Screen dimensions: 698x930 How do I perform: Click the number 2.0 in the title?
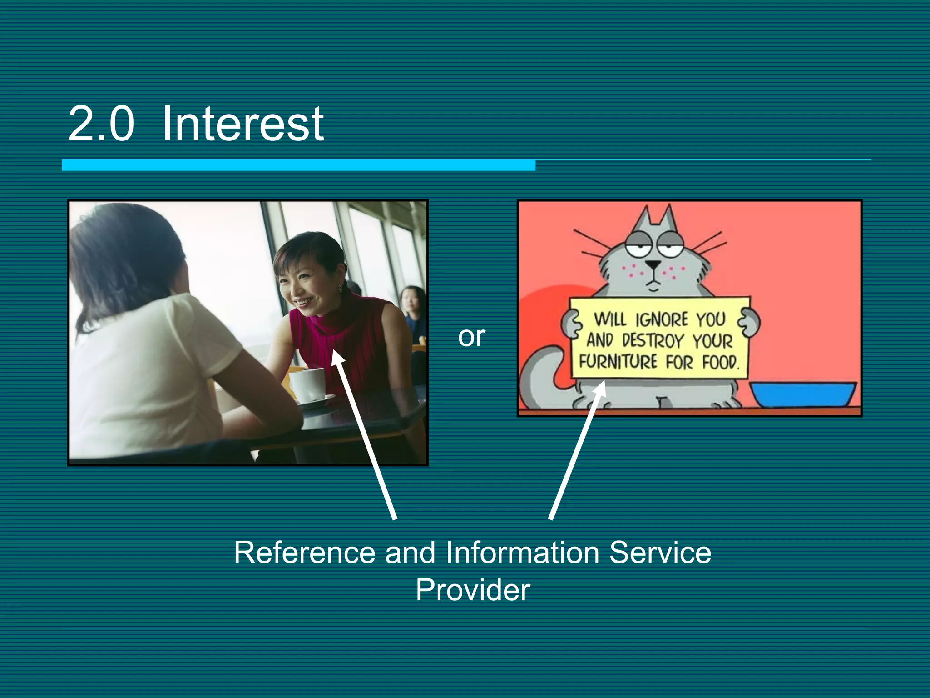tap(101, 124)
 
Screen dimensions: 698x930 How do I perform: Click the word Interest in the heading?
tap(242, 124)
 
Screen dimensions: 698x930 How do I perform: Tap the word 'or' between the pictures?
tap(471, 337)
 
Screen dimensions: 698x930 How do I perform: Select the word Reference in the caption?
tap(304, 553)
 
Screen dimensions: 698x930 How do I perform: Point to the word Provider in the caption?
tap(473, 590)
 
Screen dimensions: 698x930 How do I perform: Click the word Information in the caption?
tap(522, 553)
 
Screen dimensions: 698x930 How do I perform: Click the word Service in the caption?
tap(660, 553)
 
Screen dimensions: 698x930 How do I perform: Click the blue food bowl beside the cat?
tap(802, 394)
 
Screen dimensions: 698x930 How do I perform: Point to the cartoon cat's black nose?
tap(653, 264)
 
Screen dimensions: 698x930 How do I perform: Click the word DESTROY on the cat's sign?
tap(653, 340)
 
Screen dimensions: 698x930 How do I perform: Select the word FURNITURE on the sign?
tap(618, 362)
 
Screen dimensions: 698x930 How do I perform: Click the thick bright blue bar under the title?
tap(298, 165)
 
